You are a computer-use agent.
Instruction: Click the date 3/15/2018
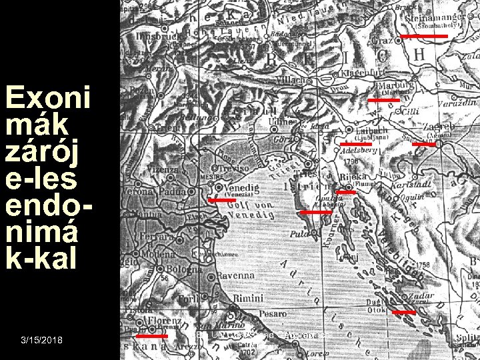tap(42, 341)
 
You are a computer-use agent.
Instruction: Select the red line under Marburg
tap(384, 99)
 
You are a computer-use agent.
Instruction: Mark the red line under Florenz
tap(155, 336)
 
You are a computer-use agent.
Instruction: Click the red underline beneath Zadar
tap(403, 312)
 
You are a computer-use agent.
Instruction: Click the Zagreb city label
tap(437, 125)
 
